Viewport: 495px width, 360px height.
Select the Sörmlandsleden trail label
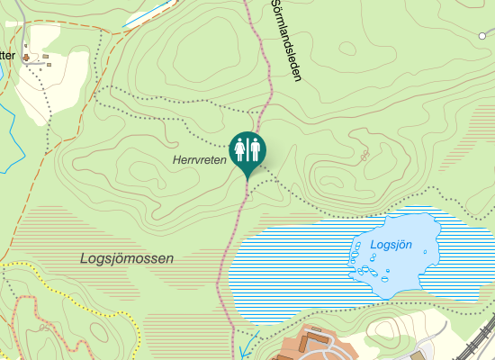pyautogui.click(x=284, y=40)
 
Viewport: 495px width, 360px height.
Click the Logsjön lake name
pyautogui.click(x=391, y=245)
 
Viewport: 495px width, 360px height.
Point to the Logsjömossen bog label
pyautogui.click(x=126, y=258)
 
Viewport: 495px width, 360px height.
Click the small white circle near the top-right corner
pyautogui.click(x=481, y=35)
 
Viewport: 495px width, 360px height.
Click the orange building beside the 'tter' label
pyautogui.click(x=26, y=58)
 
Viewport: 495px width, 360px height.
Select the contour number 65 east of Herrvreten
pyautogui.click(x=364, y=155)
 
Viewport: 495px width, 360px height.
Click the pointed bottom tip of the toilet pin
pyautogui.click(x=247, y=178)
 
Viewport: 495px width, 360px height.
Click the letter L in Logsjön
pyautogui.click(x=374, y=245)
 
